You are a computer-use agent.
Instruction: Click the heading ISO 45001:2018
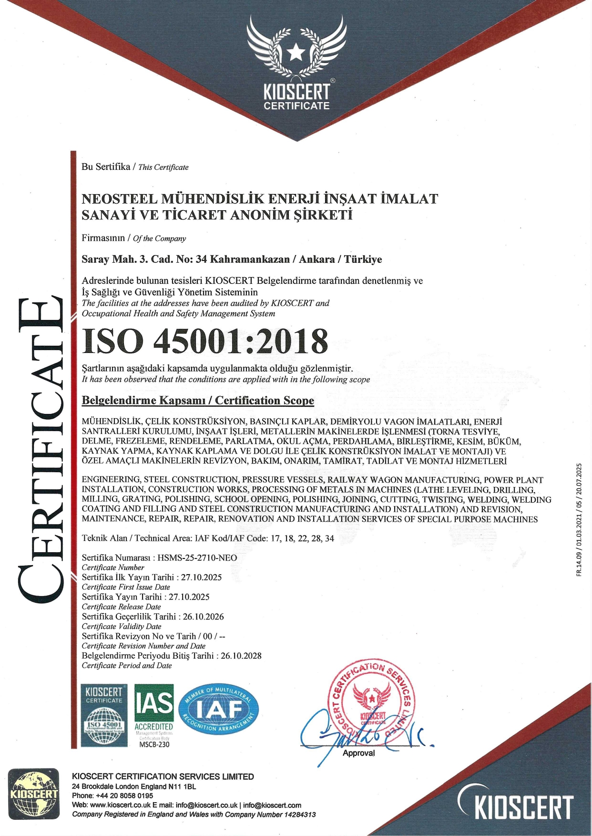click(x=205, y=341)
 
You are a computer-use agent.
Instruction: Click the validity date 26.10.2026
click(x=204, y=616)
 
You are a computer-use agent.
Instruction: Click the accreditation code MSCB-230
click(x=154, y=744)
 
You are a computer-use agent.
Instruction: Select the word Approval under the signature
click(x=358, y=753)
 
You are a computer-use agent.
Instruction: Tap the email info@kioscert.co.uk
click(x=206, y=805)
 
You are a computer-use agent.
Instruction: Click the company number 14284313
click(x=300, y=815)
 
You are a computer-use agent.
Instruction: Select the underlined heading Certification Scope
click(x=265, y=400)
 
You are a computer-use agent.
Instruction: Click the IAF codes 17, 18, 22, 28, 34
click(x=302, y=538)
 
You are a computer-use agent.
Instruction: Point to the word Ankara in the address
click(x=316, y=259)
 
